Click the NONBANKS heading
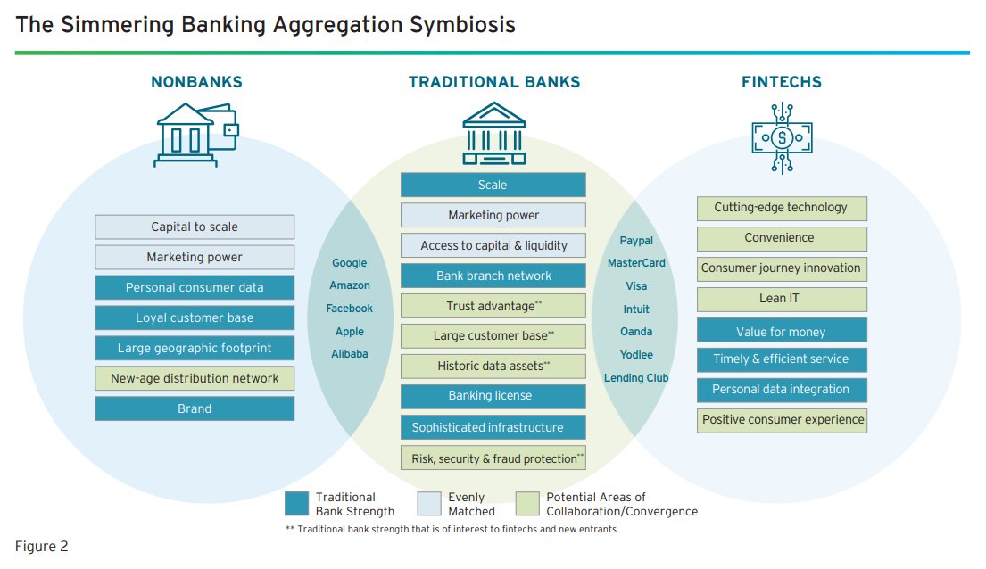click(x=196, y=82)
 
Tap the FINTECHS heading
click(x=782, y=82)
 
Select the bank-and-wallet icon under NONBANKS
click(x=196, y=134)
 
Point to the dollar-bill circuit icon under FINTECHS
click(x=783, y=136)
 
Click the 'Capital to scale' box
click(x=195, y=227)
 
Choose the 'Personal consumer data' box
click(x=195, y=287)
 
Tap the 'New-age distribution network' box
click(x=195, y=378)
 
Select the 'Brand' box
click(x=195, y=408)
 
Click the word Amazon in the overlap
click(x=350, y=285)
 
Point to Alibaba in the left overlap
click(x=350, y=353)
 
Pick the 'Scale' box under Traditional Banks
click(x=493, y=185)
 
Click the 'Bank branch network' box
click(x=493, y=276)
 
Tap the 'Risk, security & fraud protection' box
click(x=493, y=458)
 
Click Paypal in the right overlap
click(x=636, y=241)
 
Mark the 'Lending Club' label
click(x=636, y=378)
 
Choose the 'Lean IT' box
click(x=781, y=299)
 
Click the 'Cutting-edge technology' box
click(x=781, y=208)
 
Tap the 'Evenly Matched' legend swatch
click(x=428, y=504)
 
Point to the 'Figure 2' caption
click(x=41, y=546)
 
